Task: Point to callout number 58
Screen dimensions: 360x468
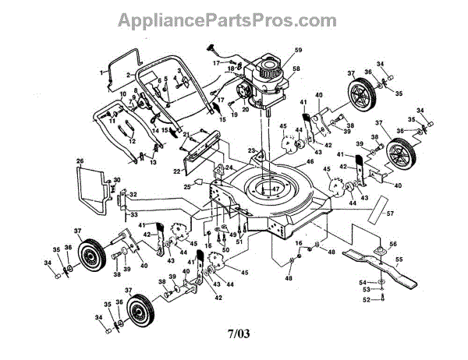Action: click(296, 69)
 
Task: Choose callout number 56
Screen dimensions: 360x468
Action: click(393, 242)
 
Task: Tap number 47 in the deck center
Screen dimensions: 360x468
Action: click(274, 189)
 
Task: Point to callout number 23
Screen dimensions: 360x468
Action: click(252, 150)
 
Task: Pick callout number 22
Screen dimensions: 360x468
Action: click(176, 171)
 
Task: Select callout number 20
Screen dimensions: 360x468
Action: click(245, 110)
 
